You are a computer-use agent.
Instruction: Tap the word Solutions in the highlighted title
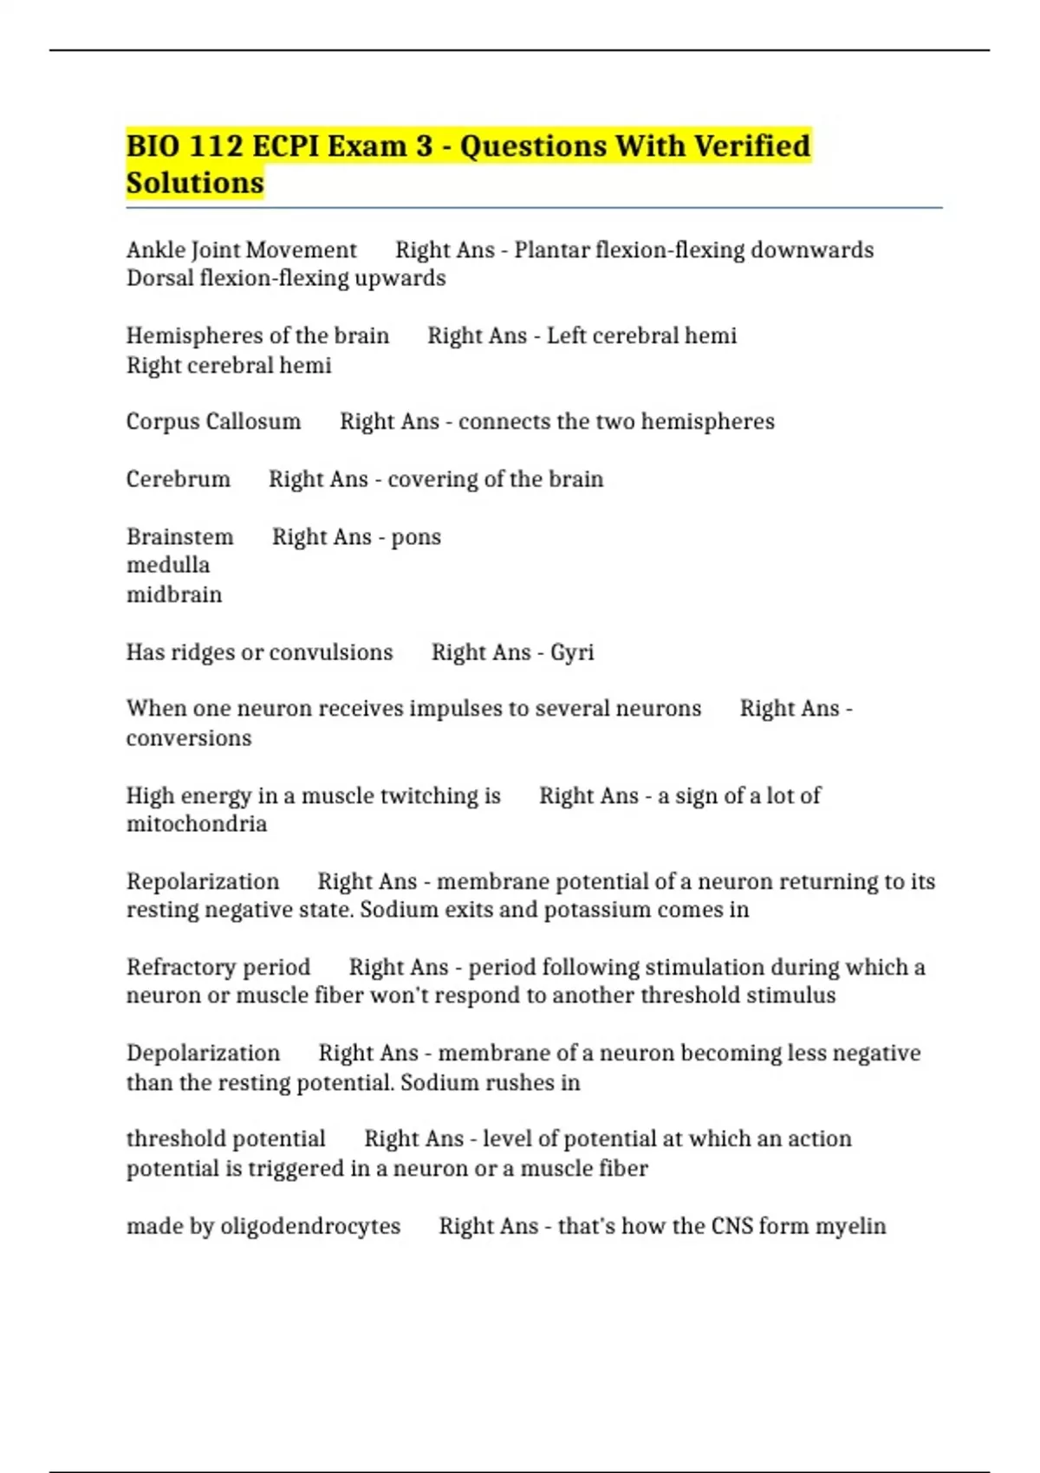(195, 183)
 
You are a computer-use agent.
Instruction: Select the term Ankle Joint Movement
(241, 250)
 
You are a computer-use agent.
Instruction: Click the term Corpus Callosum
(213, 421)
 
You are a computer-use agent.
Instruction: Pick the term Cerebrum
(178, 479)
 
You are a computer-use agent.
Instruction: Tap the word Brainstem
(179, 537)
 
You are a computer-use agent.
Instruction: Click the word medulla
(168, 565)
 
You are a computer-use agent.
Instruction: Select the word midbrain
(174, 594)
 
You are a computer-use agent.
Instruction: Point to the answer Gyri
(572, 652)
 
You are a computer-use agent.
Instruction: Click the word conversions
(189, 738)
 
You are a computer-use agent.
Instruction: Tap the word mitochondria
(197, 824)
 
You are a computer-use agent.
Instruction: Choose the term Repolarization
(203, 881)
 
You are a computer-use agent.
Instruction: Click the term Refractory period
(218, 967)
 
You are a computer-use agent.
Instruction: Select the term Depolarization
(203, 1053)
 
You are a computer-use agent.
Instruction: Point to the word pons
(416, 537)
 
